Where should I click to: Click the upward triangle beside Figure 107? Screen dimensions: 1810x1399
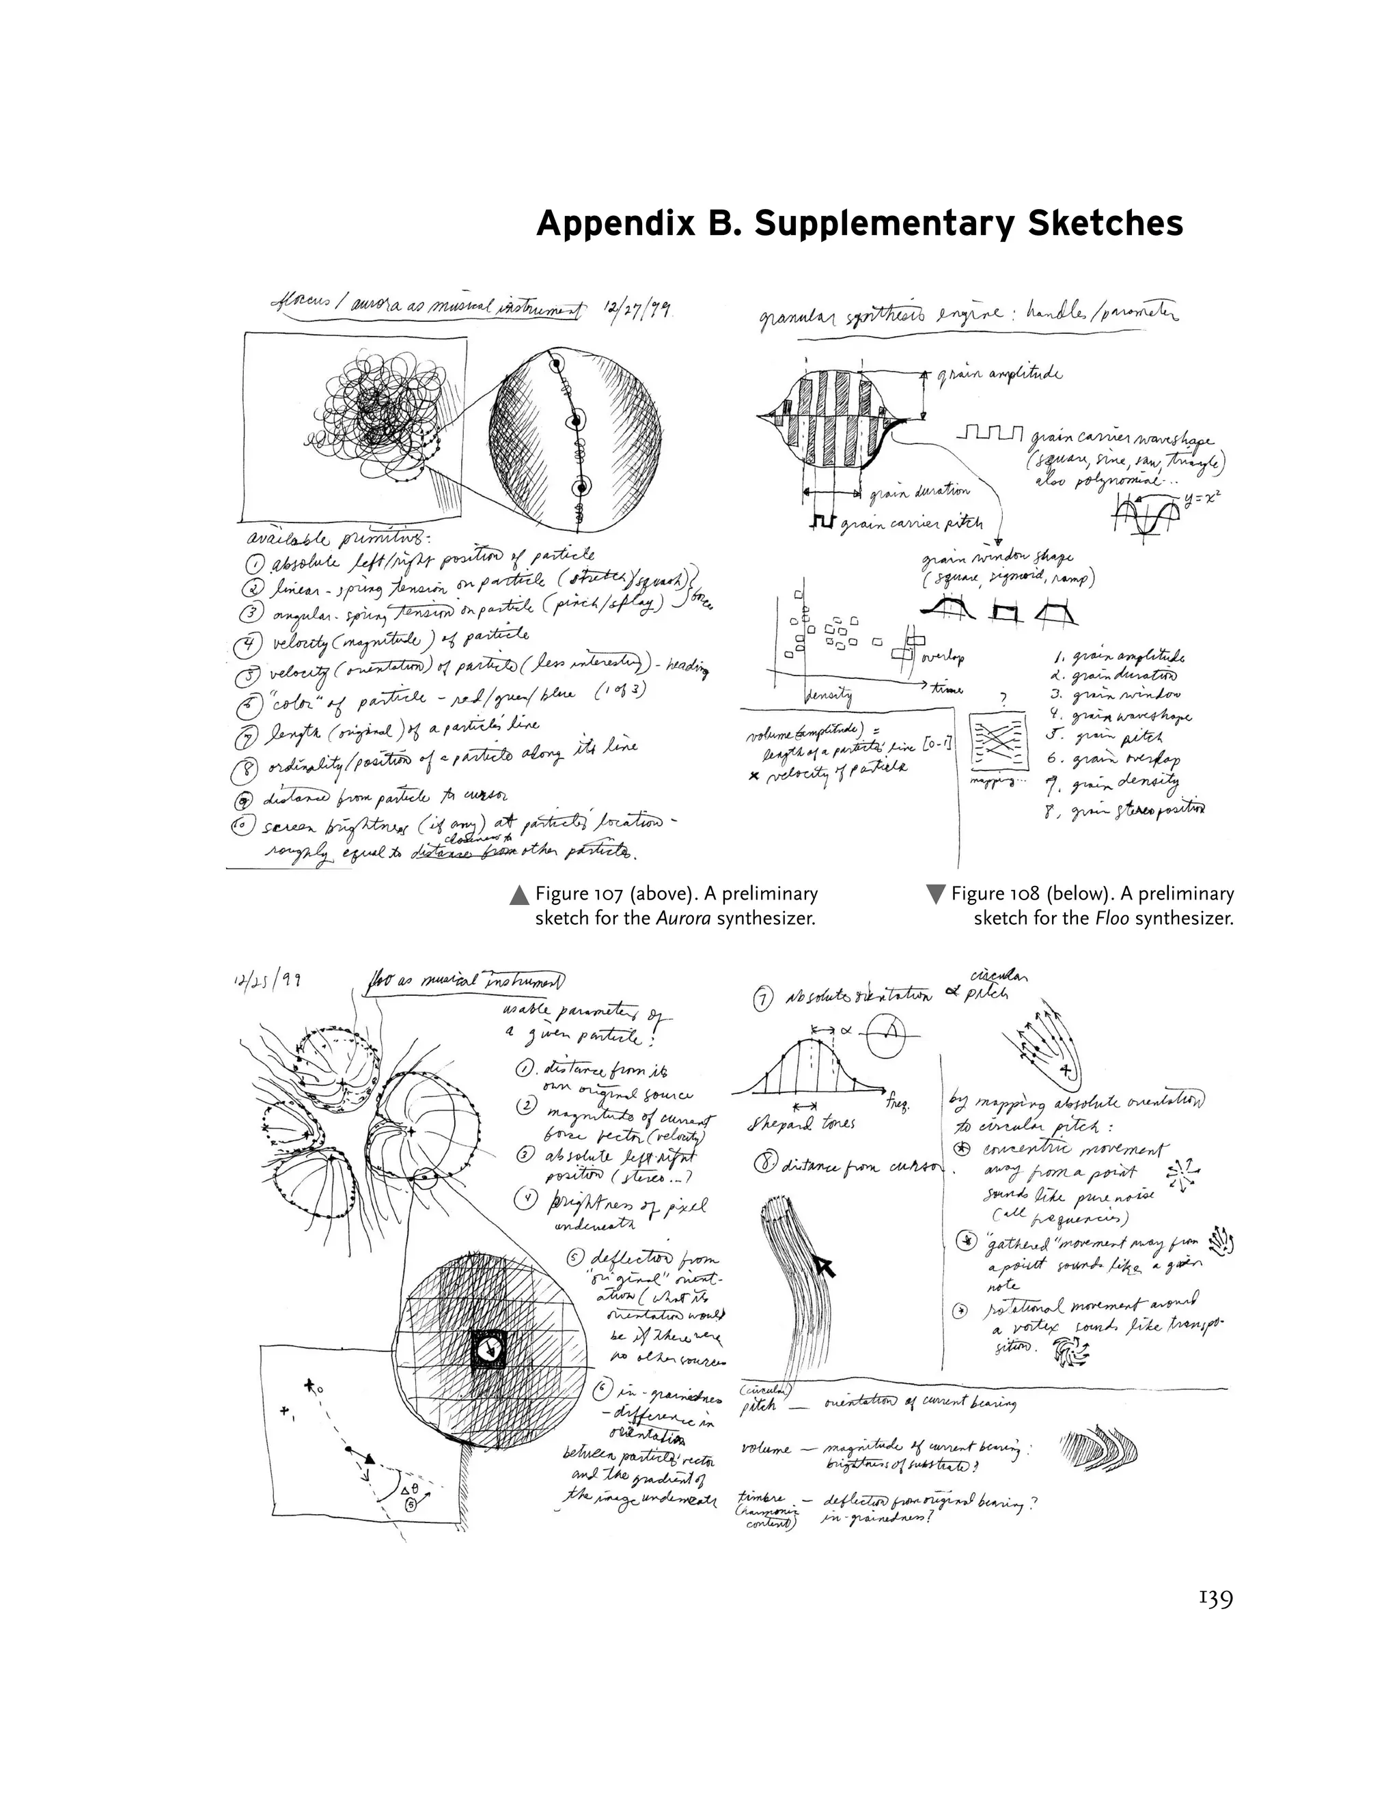519,895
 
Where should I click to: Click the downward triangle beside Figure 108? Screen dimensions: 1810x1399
935,895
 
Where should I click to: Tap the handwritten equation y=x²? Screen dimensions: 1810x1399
1204,498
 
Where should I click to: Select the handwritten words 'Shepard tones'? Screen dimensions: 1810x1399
801,1123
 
